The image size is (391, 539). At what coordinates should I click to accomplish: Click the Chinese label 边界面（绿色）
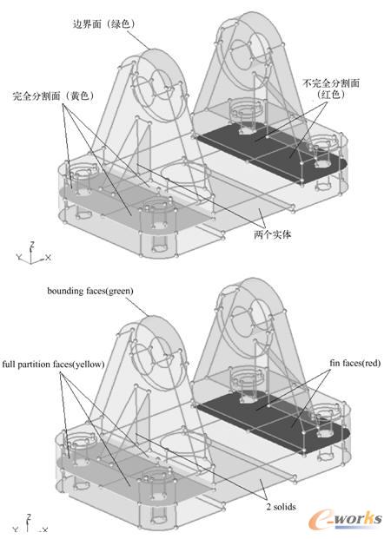pyautogui.click(x=103, y=23)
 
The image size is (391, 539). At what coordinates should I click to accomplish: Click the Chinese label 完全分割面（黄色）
pyautogui.click(x=53, y=95)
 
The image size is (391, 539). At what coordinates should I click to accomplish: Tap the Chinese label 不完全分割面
pyautogui.click(x=331, y=82)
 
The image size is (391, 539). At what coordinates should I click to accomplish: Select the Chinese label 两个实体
pyautogui.click(x=272, y=234)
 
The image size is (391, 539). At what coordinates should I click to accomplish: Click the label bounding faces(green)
pyautogui.click(x=90, y=291)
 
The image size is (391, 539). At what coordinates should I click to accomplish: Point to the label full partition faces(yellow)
pyautogui.click(x=53, y=364)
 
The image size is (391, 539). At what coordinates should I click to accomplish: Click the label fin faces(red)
pyautogui.click(x=355, y=363)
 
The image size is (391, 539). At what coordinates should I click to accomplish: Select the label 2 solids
pyautogui.click(x=281, y=506)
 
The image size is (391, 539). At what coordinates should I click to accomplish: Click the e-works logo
pyautogui.click(x=345, y=519)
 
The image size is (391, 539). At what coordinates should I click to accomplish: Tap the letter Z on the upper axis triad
pyautogui.click(x=32, y=245)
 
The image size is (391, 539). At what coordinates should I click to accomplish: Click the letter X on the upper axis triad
pyautogui.click(x=48, y=257)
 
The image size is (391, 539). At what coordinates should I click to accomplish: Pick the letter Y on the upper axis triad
pyautogui.click(x=19, y=256)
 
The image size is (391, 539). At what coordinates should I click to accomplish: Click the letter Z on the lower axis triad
pyautogui.click(x=29, y=517)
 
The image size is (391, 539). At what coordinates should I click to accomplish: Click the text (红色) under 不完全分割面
pyautogui.click(x=331, y=95)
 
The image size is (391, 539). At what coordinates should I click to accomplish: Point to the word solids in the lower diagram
pyautogui.click(x=284, y=506)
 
